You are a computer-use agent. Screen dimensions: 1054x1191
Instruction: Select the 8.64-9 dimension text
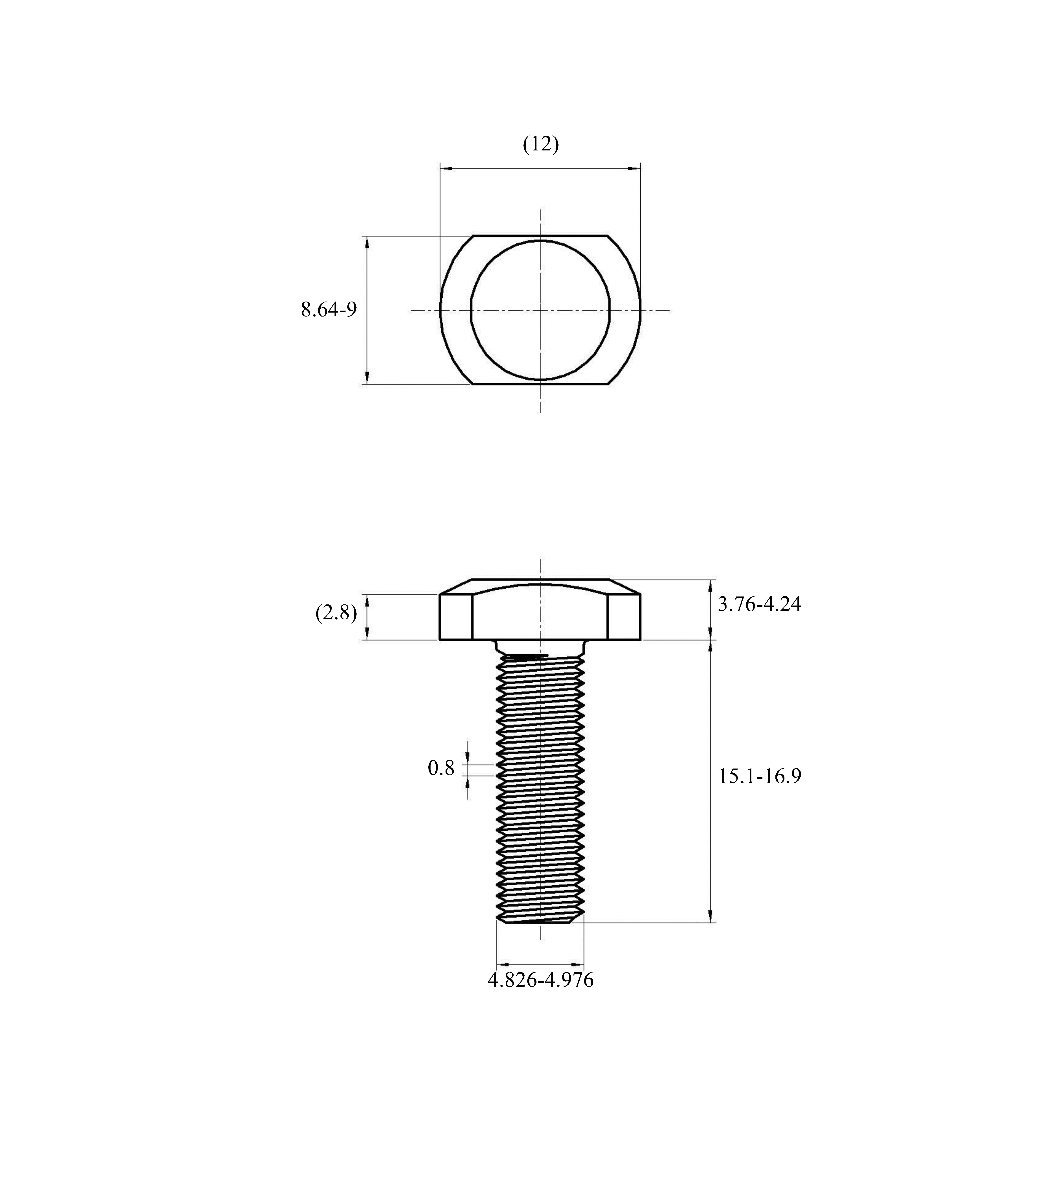[x=329, y=309]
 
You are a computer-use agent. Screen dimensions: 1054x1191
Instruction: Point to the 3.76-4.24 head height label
[x=759, y=604]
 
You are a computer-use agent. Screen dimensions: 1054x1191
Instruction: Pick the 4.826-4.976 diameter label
[x=540, y=980]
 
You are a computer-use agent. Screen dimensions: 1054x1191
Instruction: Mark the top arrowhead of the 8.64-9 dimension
[x=367, y=243]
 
